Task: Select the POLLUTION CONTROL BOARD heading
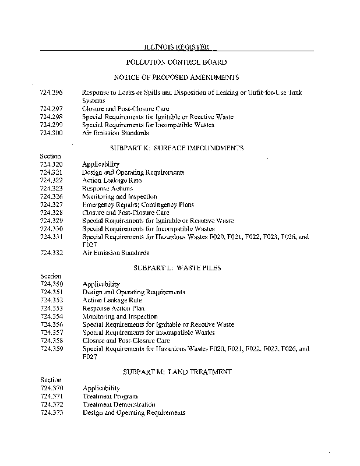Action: click(176, 62)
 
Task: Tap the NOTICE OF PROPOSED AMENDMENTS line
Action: click(176, 77)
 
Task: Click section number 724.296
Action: click(51, 93)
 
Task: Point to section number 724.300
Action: click(51, 133)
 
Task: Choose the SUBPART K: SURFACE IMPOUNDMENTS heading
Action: click(176, 149)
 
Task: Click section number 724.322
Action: click(51, 181)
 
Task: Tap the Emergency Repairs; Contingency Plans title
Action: click(129, 205)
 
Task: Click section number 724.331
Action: click(51, 237)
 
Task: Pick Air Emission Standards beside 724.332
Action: click(115, 253)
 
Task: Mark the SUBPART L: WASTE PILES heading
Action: click(176, 269)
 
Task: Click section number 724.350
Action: click(51, 284)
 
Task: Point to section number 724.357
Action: click(51, 333)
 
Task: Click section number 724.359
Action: click(51, 348)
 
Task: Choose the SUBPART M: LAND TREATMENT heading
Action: click(177, 371)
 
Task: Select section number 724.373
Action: click(51, 412)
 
